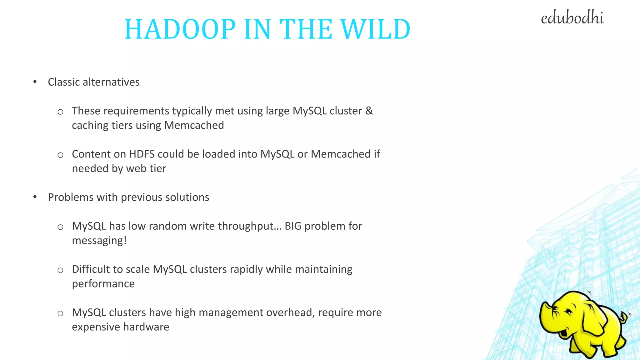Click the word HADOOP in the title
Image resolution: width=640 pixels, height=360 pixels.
180,29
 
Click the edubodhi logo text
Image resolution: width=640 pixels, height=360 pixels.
572,18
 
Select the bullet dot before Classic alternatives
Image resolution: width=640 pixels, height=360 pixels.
35,82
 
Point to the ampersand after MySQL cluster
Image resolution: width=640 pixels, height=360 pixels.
369,111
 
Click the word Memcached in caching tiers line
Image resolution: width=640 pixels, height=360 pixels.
194,125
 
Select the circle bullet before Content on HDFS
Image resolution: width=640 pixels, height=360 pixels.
60,155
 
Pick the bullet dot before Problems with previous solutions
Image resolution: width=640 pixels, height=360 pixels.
35,197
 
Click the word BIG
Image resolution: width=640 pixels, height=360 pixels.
293,226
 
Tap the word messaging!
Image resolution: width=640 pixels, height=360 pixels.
99,241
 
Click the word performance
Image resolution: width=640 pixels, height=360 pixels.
103,284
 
